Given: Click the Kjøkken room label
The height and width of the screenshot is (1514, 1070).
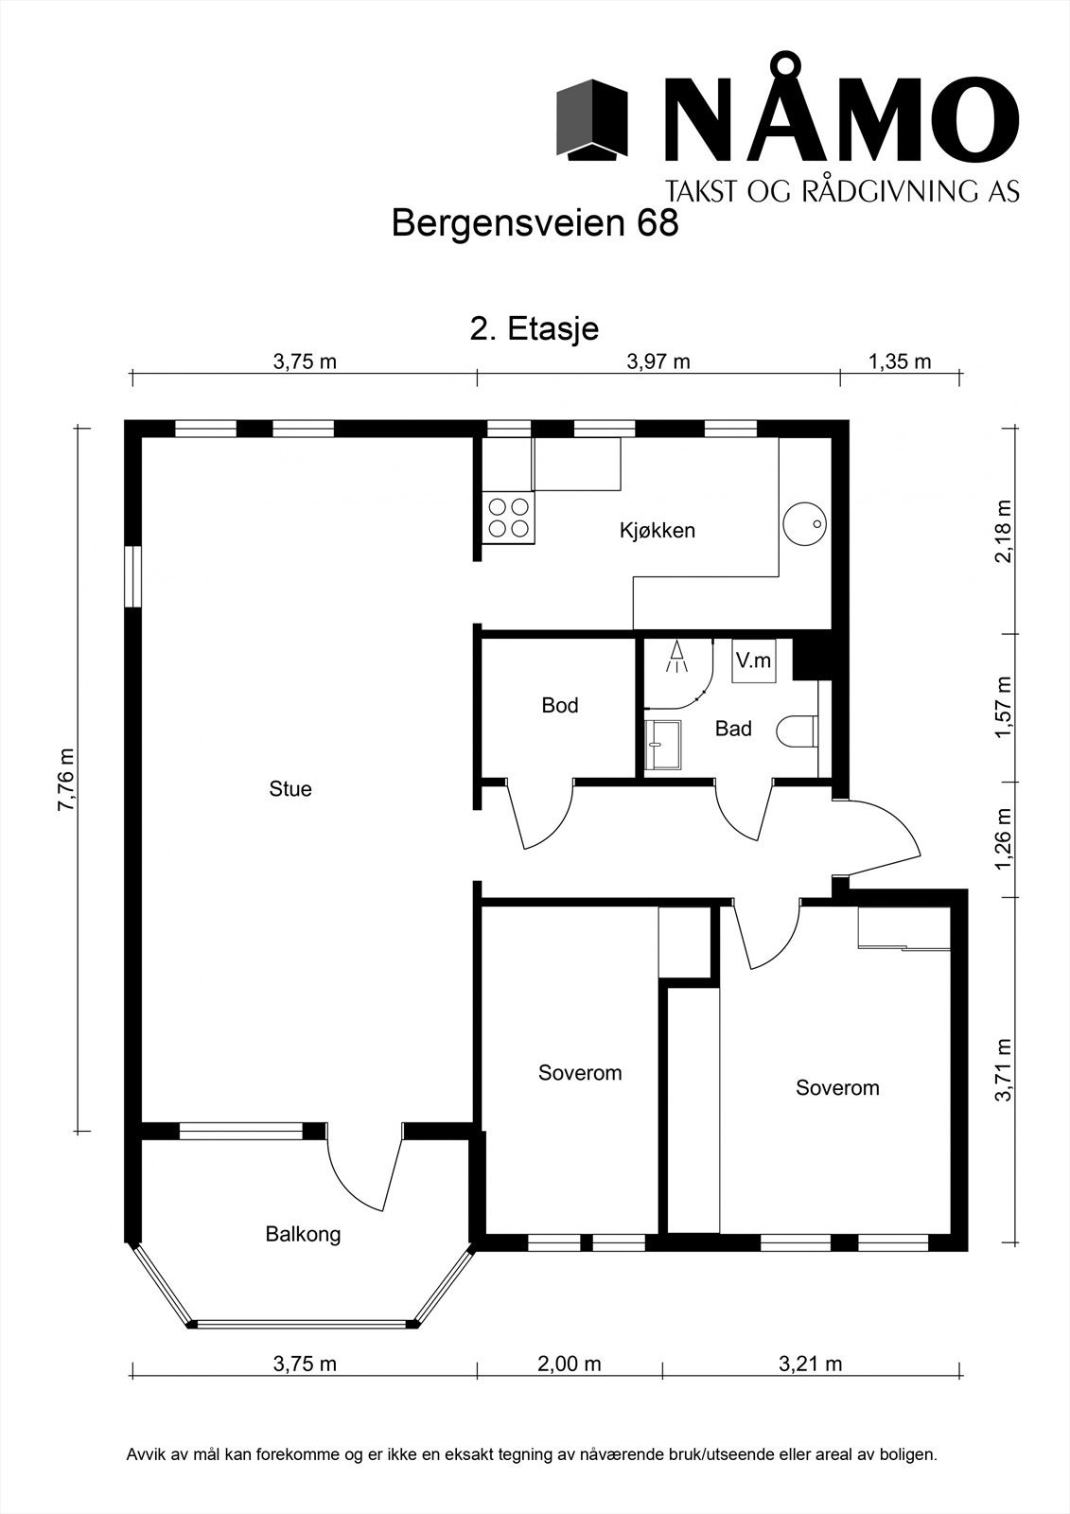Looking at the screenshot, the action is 657,531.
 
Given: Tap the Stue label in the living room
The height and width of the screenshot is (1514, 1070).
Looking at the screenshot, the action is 290,789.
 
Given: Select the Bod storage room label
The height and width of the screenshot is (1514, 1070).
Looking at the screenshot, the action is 560,706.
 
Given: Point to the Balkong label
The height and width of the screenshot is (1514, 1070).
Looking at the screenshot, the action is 303,1235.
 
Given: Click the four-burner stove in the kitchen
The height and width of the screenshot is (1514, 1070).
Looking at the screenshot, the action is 508,517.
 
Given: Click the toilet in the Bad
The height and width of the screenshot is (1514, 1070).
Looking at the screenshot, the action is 798,732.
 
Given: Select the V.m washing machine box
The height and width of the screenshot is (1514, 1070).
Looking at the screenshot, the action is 754,660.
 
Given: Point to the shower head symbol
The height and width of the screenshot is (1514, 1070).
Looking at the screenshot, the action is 676,657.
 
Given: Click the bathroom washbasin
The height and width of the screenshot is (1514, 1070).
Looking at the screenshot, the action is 662,744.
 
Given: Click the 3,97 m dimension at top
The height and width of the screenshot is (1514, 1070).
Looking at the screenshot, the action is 658,362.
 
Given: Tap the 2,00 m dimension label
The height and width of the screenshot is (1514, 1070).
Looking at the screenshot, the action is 570,1364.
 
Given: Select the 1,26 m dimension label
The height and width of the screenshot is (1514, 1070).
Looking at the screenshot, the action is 1005,839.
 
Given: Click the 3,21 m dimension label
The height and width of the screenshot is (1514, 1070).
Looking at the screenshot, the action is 811,1364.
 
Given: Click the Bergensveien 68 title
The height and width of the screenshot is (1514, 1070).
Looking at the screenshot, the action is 535,223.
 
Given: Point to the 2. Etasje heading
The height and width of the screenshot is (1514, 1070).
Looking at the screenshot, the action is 534,329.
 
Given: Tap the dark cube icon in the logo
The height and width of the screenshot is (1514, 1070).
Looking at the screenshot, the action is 591,119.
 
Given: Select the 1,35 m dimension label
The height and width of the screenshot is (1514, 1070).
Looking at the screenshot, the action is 900,362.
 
